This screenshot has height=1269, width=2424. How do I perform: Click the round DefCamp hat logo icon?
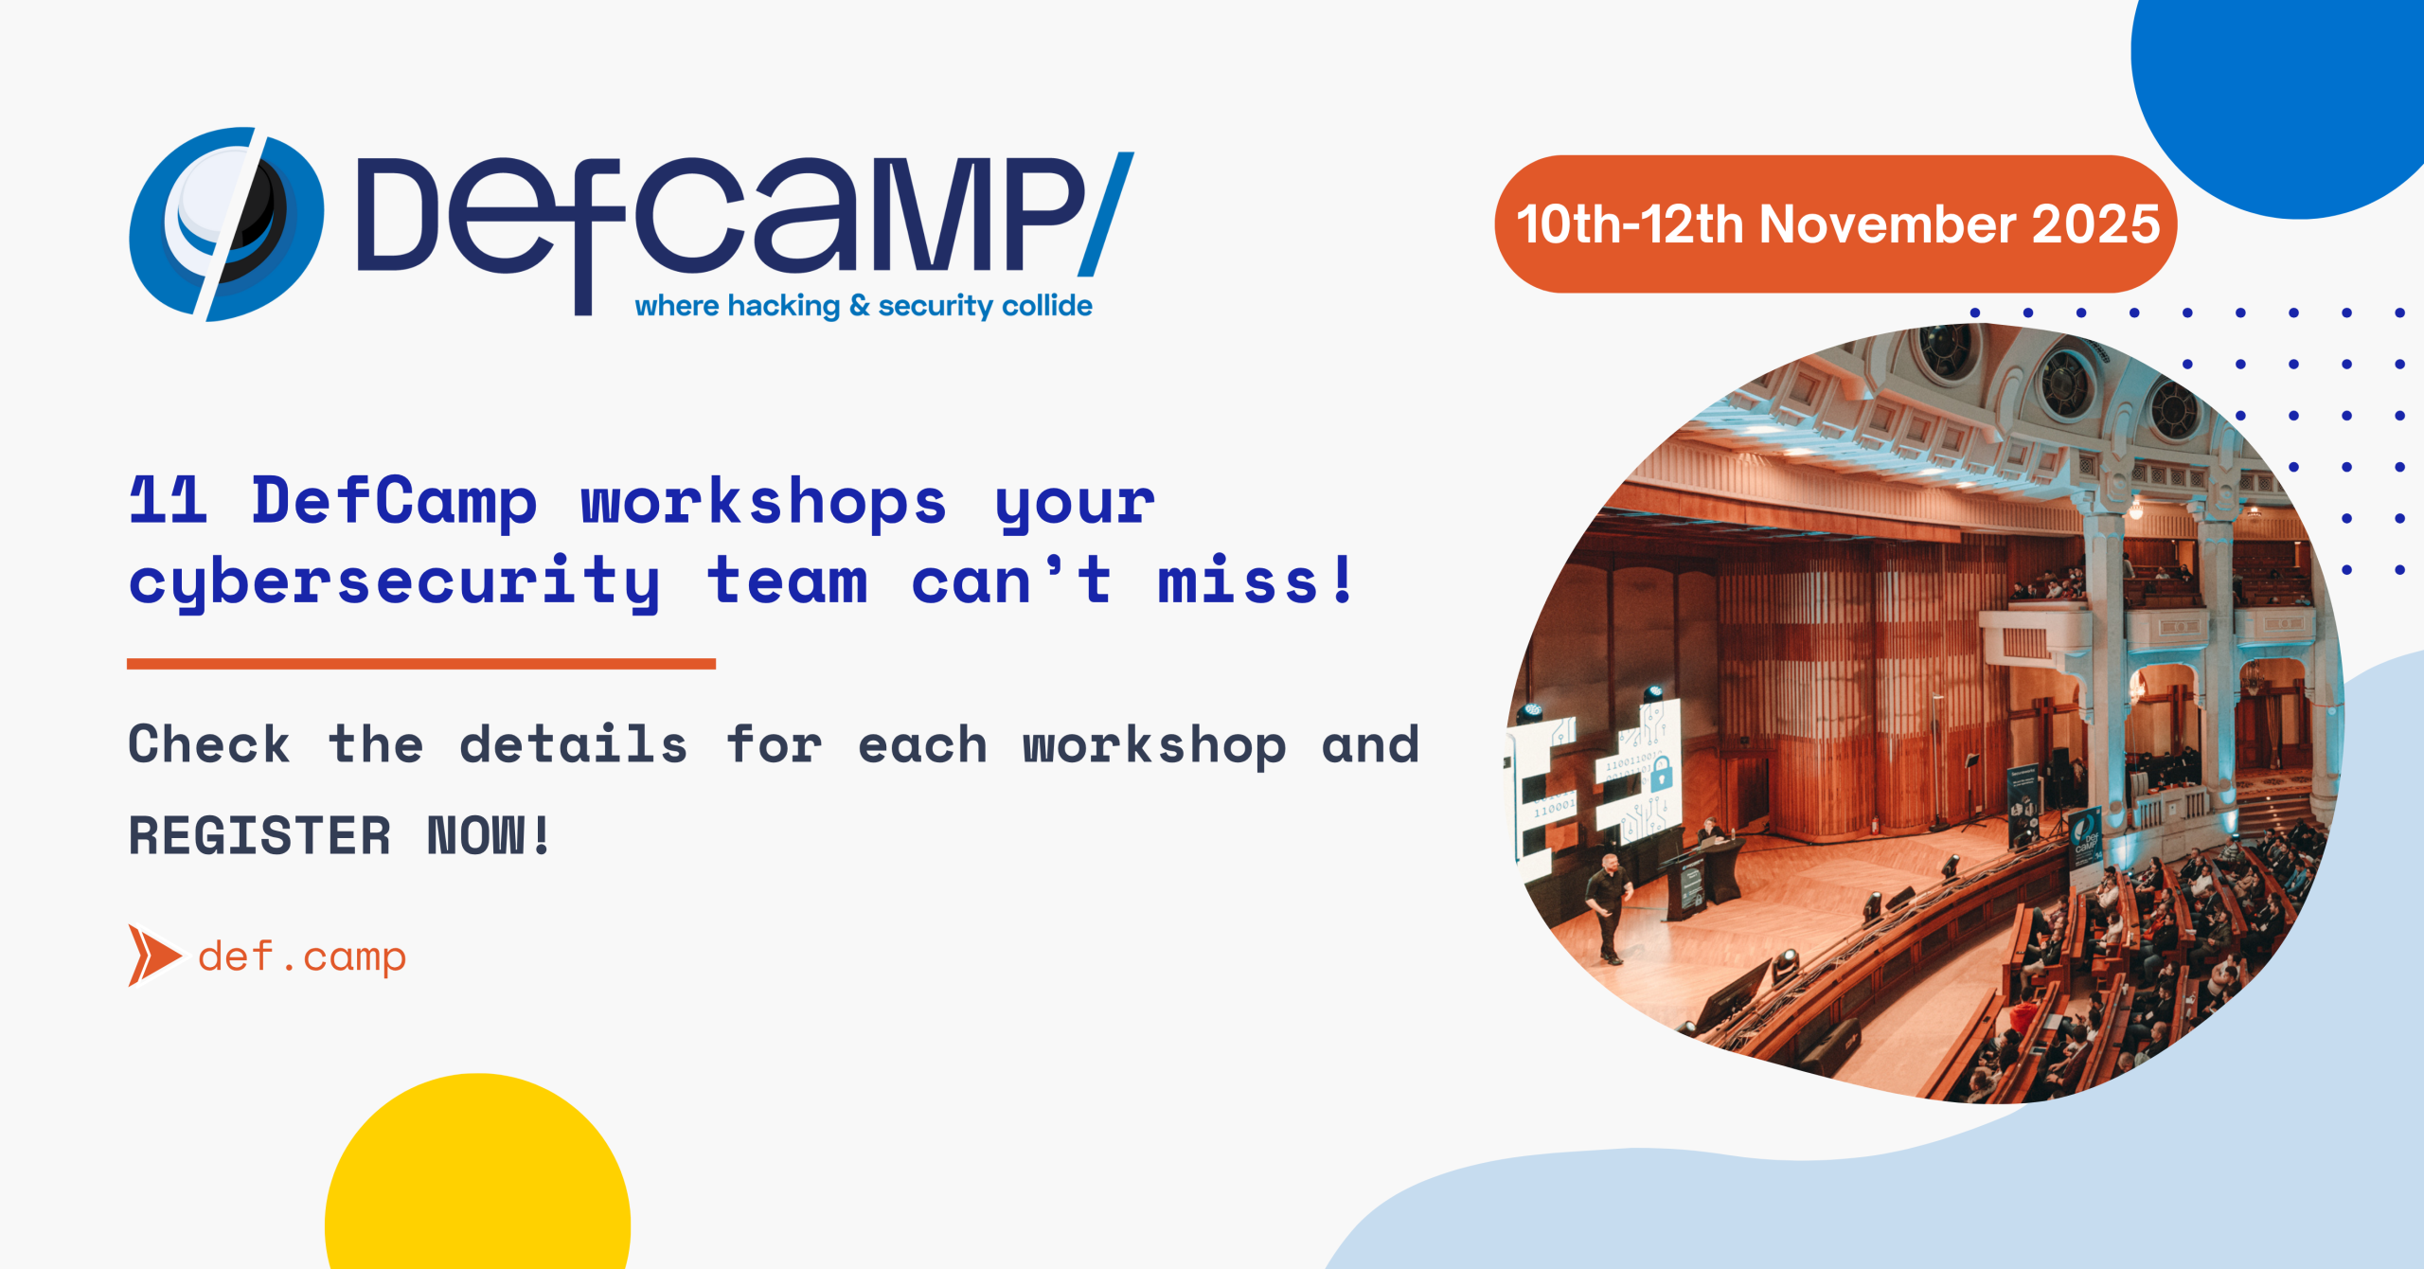pyautogui.click(x=225, y=224)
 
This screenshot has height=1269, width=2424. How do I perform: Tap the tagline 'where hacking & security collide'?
pyautogui.click(x=864, y=306)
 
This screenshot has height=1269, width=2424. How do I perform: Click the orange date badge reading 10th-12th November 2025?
pyautogui.click(x=1836, y=224)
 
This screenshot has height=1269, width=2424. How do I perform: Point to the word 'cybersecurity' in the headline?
pyautogui.click(x=394, y=582)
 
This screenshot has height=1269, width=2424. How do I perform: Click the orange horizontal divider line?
pyautogui.click(x=421, y=664)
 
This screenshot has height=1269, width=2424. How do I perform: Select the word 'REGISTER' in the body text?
pyautogui.click(x=259, y=835)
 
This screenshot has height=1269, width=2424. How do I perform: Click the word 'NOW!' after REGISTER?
pyautogui.click(x=489, y=835)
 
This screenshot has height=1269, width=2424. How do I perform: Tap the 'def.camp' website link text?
pyautogui.click(x=302, y=957)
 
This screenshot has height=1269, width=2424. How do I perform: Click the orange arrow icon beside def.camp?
pyautogui.click(x=154, y=956)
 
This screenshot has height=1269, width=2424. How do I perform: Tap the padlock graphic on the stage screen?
pyautogui.click(x=1661, y=775)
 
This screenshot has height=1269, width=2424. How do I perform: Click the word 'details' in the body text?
pyautogui.click(x=574, y=744)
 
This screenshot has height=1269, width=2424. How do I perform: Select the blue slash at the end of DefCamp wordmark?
pyautogui.click(x=1107, y=214)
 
